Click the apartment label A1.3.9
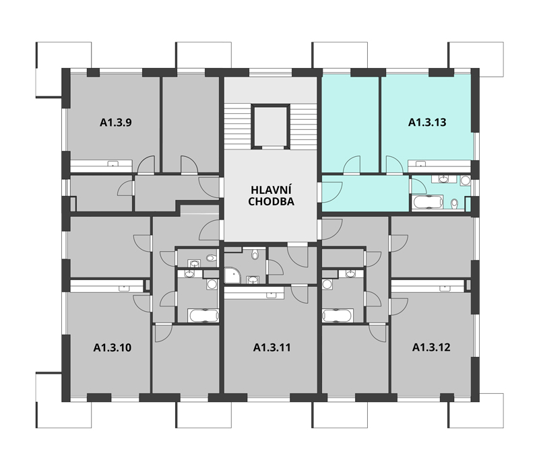[x=115, y=123]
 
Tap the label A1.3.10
[x=112, y=347]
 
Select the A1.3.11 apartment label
[x=272, y=347]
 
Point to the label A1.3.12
[x=431, y=347]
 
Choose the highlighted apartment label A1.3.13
[x=427, y=123]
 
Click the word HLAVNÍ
[x=271, y=190]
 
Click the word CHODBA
[x=272, y=202]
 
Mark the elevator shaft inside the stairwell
[x=271, y=127]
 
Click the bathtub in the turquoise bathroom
[x=427, y=202]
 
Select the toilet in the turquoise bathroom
[x=454, y=204]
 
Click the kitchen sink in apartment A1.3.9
[x=113, y=163]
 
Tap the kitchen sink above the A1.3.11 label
[x=272, y=294]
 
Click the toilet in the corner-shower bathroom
[x=255, y=255]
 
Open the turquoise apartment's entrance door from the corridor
[x=331, y=192]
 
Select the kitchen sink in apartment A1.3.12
[x=445, y=289]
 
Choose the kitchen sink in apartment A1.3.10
[x=124, y=289]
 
